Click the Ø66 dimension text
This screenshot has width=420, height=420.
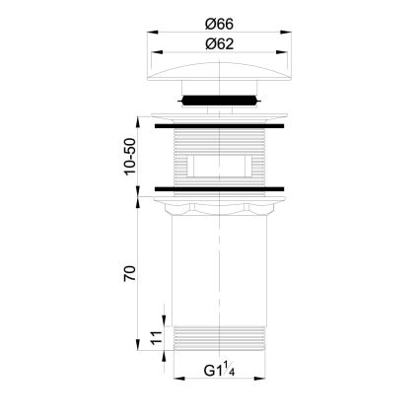click(218, 23)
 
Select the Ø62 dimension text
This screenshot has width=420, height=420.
click(218, 43)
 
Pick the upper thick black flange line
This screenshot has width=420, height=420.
click(219, 126)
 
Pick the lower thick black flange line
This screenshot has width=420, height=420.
click(219, 186)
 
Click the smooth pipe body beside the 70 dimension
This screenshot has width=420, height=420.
click(218, 271)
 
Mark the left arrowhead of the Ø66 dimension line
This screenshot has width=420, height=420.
click(154, 34)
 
